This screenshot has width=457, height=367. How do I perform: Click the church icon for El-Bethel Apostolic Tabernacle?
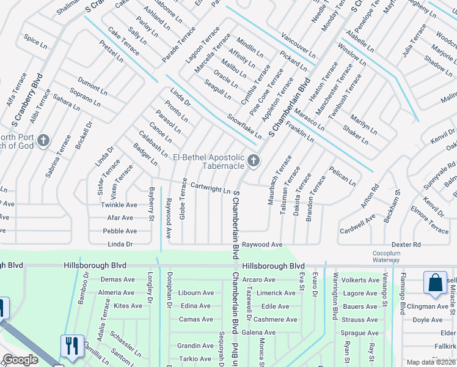(254, 161)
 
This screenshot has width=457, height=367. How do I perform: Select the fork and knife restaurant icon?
(72, 347)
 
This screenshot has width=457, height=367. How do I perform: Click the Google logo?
(20, 360)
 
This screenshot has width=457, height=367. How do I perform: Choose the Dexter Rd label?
(406, 245)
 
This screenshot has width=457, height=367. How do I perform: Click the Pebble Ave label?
(120, 231)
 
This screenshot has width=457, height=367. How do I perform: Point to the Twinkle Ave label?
(117, 204)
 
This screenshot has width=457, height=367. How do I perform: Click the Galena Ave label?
(258, 333)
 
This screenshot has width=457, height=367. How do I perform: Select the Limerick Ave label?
(276, 293)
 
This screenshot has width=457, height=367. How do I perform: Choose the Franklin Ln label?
(299, 133)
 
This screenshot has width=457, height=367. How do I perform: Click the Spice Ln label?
(35, 41)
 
